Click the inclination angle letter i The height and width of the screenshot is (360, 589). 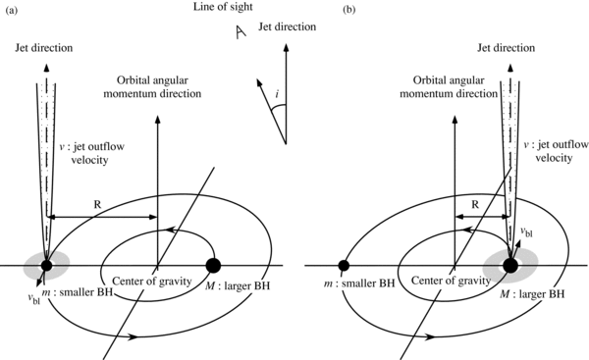click(x=280, y=96)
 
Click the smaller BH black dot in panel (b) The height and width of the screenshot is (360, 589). click(x=345, y=265)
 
